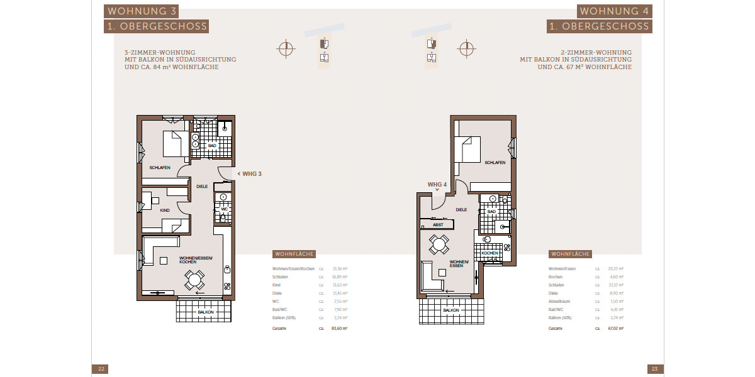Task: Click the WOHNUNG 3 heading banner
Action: [x=143, y=11]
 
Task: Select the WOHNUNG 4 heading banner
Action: [x=615, y=11]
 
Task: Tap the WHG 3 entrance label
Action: [x=251, y=174]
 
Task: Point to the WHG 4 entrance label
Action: [x=437, y=184]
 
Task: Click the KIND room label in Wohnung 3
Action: [x=165, y=210]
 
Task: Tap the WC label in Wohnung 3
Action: [x=223, y=209]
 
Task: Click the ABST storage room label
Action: [x=438, y=224]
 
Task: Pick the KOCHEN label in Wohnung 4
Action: [x=489, y=253]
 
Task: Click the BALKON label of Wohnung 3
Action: [x=206, y=312]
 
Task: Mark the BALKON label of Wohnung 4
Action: [x=450, y=310]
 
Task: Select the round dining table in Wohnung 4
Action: [x=439, y=243]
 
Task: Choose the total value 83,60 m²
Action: [x=339, y=328]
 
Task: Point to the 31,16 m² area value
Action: [x=340, y=268]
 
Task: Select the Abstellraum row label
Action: [x=560, y=301]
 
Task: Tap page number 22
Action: [x=100, y=369]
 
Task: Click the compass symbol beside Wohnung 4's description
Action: [x=466, y=48]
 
